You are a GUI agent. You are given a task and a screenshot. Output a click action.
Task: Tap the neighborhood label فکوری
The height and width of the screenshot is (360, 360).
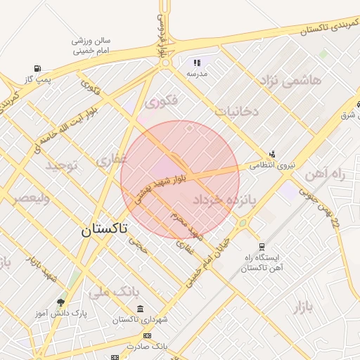pyautogui.click(x=162, y=103)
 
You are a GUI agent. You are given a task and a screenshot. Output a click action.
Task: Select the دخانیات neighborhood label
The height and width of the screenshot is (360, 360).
pyautogui.click(x=237, y=111)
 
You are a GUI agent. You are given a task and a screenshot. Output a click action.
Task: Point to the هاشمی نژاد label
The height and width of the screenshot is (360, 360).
pyautogui.click(x=291, y=81)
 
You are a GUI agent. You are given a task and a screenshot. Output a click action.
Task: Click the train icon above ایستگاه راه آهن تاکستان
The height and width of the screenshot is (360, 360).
pyautogui.click(x=262, y=247)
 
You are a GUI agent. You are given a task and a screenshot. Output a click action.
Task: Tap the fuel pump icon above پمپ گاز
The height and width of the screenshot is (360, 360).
pyautogui.click(x=30, y=69)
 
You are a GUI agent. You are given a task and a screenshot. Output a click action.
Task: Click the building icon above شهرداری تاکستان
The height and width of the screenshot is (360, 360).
pyautogui.click(x=141, y=309)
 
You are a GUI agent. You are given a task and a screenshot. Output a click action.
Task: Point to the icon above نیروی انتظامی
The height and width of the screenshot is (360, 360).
pyautogui.click(x=273, y=154)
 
